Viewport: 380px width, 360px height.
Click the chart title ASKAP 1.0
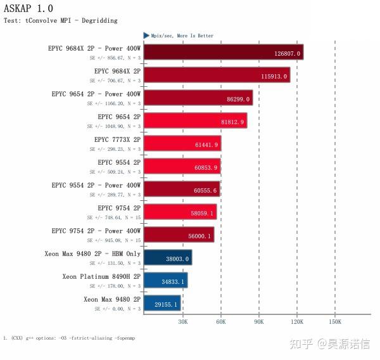pos(28,8)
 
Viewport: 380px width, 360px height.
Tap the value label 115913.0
pos(274,76)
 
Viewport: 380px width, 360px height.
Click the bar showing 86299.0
pos(198,98)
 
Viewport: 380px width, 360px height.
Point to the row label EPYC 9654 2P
pos(119,117)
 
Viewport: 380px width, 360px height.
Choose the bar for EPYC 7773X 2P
pos(182,144)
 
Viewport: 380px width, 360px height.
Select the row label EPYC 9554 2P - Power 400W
pos(96,186)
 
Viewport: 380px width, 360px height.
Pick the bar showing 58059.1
pos(180,212)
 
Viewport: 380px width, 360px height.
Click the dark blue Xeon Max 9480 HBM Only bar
pos(167,258)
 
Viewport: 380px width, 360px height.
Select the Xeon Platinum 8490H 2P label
pos(101,277)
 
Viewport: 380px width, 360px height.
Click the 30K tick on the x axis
pos(182,322)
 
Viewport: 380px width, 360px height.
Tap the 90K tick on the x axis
pos(259,322)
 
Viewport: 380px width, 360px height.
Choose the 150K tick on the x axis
pos(334,322)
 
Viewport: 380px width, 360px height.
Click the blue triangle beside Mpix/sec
pos(146,35)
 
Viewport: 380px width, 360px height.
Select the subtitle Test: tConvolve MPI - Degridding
pos(61,20)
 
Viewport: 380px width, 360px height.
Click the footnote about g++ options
pos(69,338)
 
